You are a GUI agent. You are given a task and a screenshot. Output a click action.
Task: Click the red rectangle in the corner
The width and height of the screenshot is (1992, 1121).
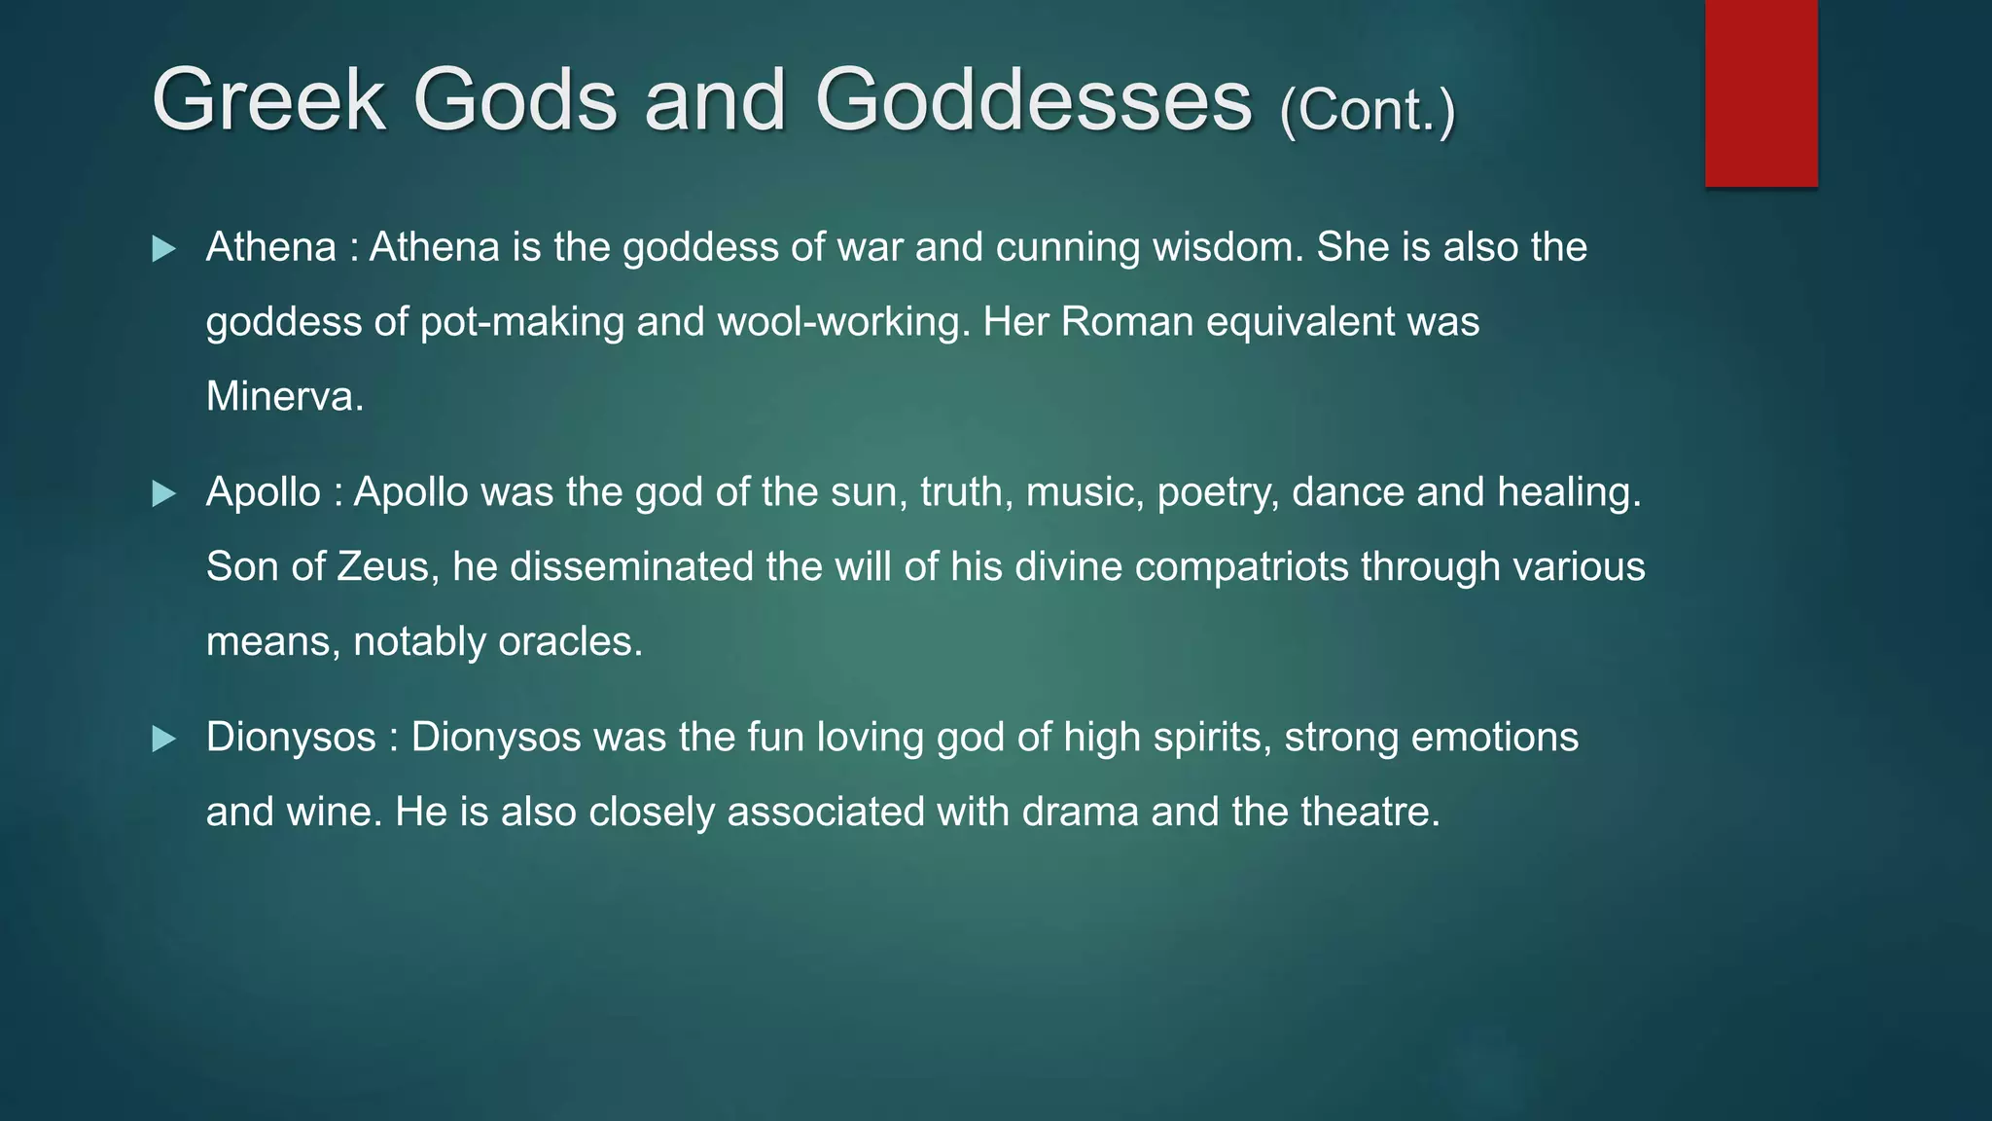tap(1761, 92)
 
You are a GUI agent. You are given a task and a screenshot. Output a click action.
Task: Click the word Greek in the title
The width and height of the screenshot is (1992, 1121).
tap(268, 99)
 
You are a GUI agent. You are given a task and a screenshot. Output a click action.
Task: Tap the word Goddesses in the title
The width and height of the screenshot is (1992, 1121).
tap(1033, 99)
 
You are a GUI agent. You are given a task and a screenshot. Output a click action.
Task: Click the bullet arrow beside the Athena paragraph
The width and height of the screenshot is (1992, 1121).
tap(164, 249)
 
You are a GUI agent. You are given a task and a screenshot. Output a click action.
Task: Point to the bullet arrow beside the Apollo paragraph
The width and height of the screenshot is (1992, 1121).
tap(164, 494)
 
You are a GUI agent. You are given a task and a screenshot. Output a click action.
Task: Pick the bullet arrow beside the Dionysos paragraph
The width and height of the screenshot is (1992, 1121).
tap(164, 740)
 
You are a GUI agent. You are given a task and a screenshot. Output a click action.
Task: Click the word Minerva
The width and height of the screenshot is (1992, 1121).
tap(284, 397)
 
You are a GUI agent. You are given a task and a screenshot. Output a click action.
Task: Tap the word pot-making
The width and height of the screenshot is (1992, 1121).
tap(521, 322)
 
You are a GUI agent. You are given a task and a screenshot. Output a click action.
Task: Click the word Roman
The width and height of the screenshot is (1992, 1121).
tap(1126, 322)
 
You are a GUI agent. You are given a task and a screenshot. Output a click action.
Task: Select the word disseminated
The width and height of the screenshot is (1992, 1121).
tap(631, 567)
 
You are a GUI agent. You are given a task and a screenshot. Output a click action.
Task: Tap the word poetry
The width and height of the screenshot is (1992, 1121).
tap(1217, 493)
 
